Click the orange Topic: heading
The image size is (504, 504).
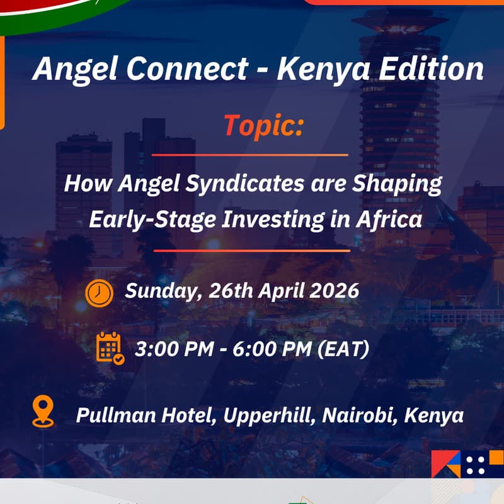tap(263, 126)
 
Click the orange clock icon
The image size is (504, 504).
tap(99, 292)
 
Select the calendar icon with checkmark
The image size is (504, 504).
tap(110, 348)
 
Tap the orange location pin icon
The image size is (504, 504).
tap(43, 412)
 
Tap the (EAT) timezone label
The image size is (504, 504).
tap(344, 349)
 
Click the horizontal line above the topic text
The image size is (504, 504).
tap(249, 154)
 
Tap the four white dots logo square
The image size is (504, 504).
tap(476, 464)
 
